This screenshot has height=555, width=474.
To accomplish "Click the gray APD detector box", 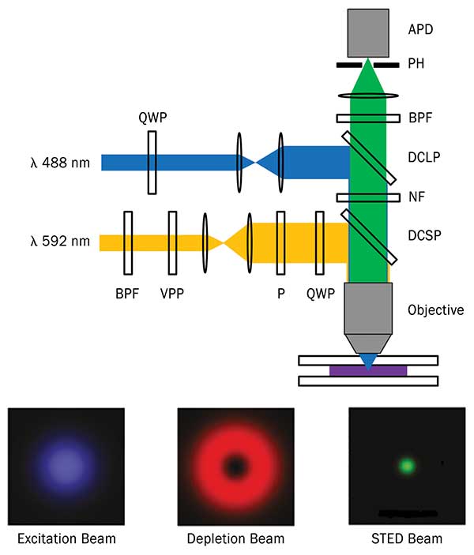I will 367,32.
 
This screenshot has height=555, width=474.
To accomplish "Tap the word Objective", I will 434,309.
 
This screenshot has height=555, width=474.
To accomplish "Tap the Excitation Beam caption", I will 67,539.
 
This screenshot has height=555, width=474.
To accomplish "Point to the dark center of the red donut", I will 235,467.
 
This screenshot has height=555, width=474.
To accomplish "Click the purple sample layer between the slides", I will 367,370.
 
